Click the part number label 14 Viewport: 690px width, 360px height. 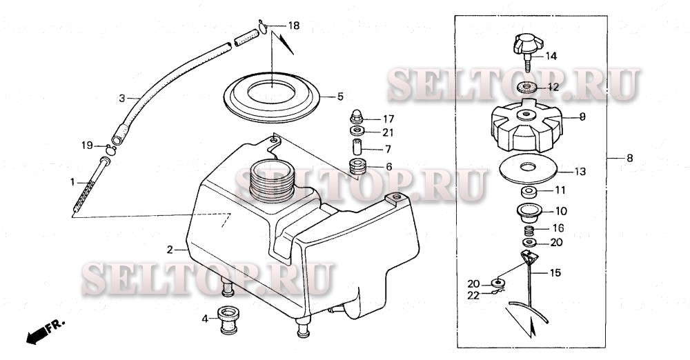click(551, 57)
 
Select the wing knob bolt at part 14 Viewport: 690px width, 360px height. click(528, 52)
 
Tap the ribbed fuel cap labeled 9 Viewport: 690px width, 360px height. click(526, 126)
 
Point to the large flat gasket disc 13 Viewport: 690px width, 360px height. click(529, 168)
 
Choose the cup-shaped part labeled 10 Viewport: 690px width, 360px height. click(529, 213)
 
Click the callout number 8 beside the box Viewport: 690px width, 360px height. click(630, 158)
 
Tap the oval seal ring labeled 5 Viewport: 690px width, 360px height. click(271, 97)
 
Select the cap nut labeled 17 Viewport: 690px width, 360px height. click(357, 117)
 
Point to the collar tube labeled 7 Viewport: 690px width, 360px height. click(357, 147)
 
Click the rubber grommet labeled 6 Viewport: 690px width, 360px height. click(357, 166)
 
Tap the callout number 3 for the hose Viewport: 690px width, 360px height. click(122, 99)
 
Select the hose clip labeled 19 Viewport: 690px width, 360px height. click(110, 150)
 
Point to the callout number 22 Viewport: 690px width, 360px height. click(473, 296)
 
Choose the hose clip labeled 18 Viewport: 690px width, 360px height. click(263, 27)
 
